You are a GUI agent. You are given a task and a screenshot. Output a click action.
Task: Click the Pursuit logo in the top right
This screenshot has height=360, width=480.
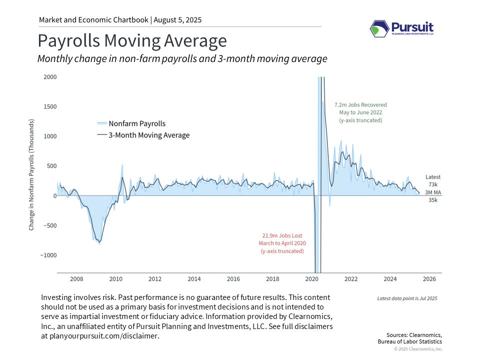[x=401, y=29]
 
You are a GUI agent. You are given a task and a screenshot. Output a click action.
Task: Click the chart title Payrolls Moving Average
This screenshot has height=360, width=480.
[x=132, y=40]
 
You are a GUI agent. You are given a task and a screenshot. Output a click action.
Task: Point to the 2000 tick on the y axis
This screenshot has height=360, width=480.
[x=50, y=77]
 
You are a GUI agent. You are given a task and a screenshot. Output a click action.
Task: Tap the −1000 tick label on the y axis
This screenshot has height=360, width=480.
[x=48, y=255]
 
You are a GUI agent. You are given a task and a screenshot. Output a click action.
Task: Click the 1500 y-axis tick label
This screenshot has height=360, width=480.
[x=50, y=106]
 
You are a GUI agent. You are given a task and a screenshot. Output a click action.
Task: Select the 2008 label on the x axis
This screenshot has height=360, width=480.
[x=76, y=278]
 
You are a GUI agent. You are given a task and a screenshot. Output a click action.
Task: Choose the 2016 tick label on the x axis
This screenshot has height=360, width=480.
[x=233, y=278]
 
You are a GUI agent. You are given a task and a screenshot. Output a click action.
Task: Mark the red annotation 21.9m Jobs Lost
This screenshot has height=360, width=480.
[x=282, y=235]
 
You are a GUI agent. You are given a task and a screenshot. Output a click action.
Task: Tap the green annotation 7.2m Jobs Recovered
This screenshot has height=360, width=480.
[x=360, y=105]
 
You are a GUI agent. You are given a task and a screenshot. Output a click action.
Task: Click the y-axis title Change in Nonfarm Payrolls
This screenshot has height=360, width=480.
[x=31, y=175]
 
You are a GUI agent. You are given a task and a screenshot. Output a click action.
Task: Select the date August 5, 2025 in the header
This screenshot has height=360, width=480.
[x=177, y=20]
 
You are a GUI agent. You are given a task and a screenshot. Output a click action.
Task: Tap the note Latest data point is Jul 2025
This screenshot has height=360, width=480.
[x=407, y=298]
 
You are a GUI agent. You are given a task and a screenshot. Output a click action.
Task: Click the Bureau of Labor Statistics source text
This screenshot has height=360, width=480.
[x=409, y=341]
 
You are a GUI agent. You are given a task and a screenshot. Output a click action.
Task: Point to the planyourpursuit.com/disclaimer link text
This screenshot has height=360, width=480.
[x=104, y=336]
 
